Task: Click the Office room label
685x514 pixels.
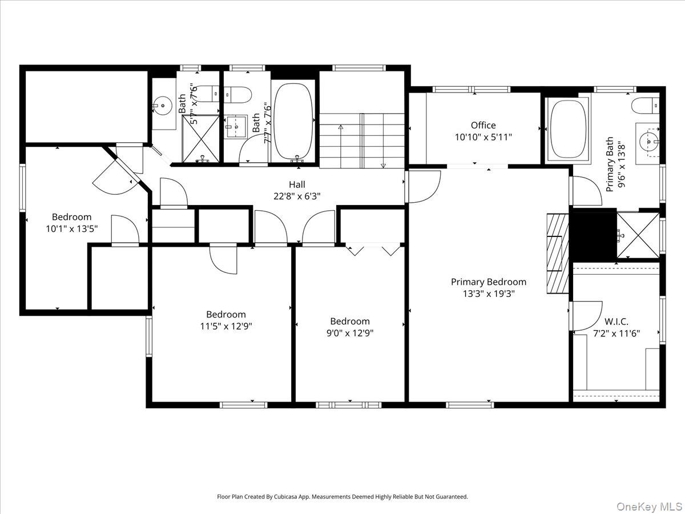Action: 483,125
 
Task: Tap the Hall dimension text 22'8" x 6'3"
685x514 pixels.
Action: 297,195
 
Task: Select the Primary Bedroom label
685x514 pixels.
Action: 489,282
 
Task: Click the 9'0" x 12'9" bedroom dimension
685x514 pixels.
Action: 350,332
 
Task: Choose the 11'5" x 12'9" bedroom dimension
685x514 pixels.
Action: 226,326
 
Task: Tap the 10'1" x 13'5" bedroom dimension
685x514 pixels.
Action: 71,228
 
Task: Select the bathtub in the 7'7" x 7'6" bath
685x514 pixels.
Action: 293,121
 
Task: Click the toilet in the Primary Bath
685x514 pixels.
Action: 646,105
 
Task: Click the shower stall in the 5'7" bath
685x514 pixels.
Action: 200,138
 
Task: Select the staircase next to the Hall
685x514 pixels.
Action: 362,140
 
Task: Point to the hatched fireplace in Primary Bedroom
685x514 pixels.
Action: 558,253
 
